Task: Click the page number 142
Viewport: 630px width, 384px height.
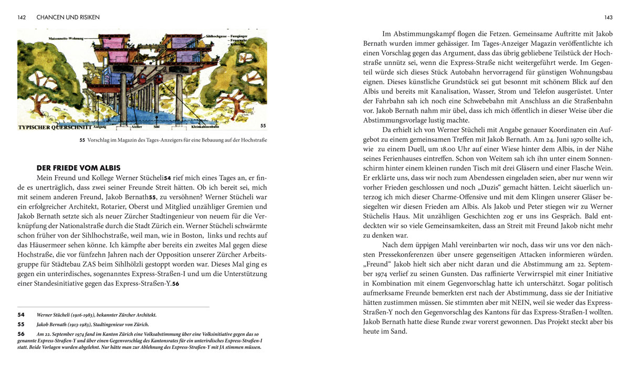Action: (22, 17)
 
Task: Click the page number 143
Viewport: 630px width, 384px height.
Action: (608, 17)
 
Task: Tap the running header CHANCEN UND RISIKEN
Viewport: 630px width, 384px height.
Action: (68, 17)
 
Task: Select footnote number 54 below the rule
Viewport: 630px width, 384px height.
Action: (22, 315)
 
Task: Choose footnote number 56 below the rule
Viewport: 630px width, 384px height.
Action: (22, 334)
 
